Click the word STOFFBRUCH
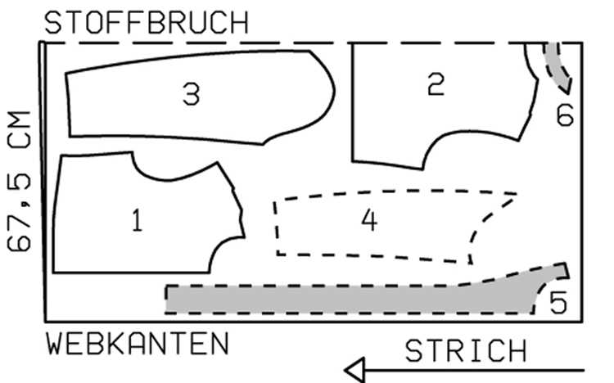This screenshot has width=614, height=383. click(147, 23)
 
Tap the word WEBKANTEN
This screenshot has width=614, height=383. click(137, 344)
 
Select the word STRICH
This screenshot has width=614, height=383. click(466, 351)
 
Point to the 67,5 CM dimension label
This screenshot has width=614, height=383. click(19, 181)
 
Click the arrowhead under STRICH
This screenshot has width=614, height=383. click(355, 370)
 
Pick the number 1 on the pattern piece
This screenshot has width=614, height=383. click(137, 220)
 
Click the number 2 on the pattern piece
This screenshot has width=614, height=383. click(436, 83)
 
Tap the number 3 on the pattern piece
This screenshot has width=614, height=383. click(192, 94)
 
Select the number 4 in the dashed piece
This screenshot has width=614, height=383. click(369, 220)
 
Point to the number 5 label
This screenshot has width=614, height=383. click(558, 302)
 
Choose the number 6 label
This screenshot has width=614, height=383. click(565, 115)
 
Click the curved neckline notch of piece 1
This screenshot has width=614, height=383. click(169, 179)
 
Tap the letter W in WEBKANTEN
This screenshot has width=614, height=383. click(54, 344)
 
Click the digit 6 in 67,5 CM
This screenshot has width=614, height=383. click(19, 241)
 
